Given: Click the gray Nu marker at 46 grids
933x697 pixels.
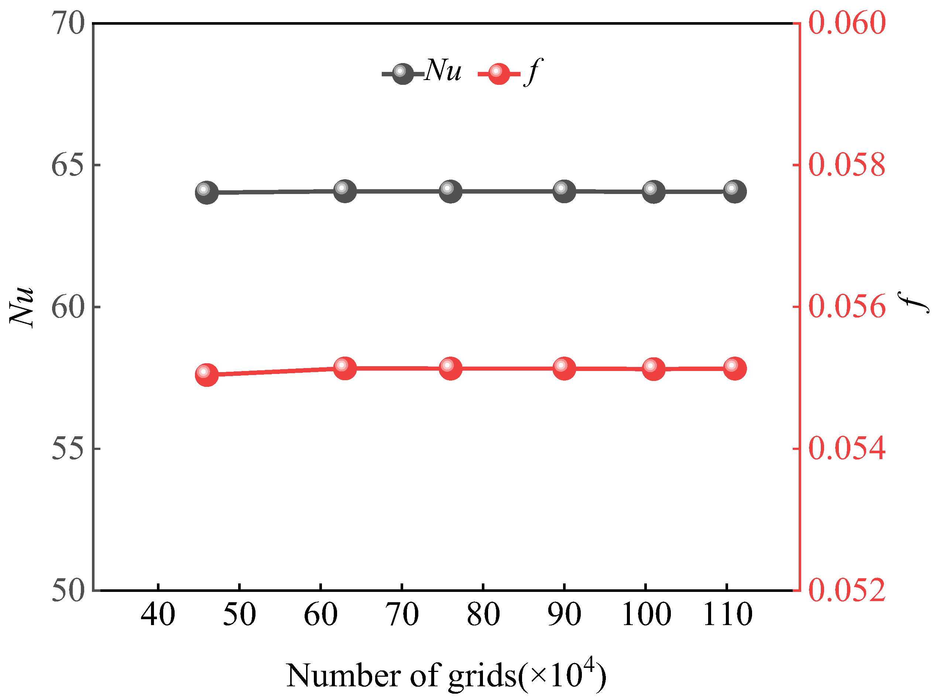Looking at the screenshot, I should [x=207, y=193].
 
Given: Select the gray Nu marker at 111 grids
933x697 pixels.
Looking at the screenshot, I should [x=735, y=191].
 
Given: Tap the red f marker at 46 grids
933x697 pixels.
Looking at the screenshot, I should [x=207, y=375].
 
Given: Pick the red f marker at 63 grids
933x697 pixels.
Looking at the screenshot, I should [x=345, y=368].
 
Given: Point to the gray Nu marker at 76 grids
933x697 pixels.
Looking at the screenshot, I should [x=450, y=191].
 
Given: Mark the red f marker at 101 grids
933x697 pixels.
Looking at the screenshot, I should [x=654, y=369].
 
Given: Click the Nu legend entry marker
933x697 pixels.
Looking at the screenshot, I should [x=402, y=74].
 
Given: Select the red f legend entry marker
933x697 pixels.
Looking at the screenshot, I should [x=498, y=74].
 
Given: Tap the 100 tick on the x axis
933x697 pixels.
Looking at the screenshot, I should [x=646, y=614].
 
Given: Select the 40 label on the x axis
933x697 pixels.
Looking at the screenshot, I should [x=158, y=614].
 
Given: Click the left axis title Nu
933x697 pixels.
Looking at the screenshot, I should [x=22, y=307].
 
